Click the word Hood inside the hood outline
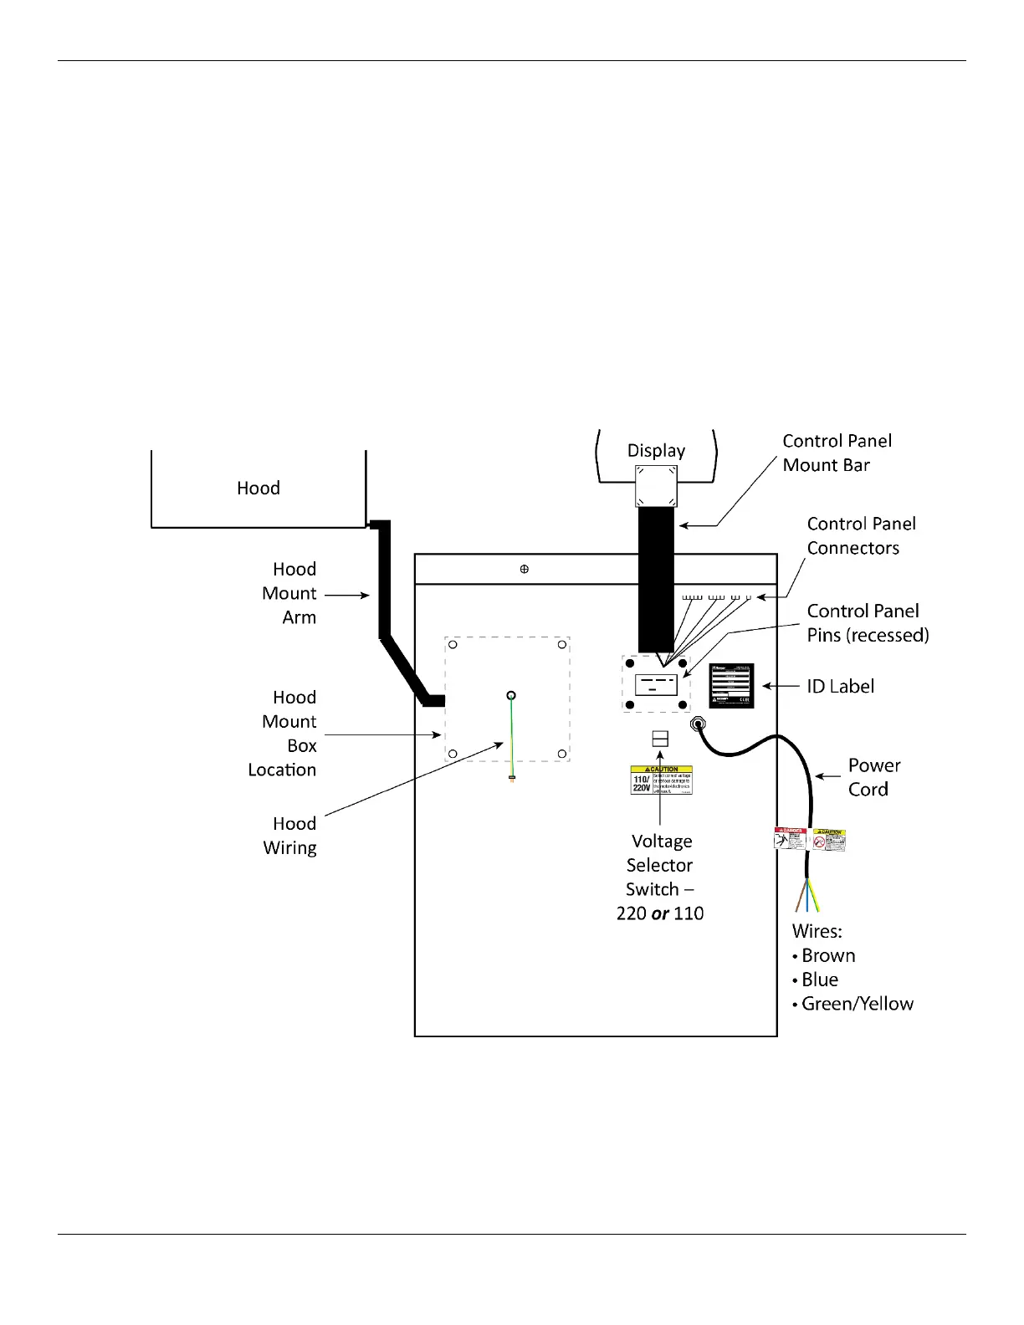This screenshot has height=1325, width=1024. click(x=258, y=488)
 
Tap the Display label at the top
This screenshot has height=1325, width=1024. click(x=656, y=451)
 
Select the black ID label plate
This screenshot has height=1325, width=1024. click(x=731, y=686)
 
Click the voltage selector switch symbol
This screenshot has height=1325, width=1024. click(x=660, y=739)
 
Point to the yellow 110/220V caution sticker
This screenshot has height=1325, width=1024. click(x=661, y=780)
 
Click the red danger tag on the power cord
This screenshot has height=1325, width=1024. click(x=791, y=839)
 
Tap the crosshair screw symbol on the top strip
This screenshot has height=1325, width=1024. click(x=525, y=569)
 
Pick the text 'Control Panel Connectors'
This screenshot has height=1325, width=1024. click(x=861, y=535)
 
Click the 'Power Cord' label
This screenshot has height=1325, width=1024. click(x=873, y=777)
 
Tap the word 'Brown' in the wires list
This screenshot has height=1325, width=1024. click(x=828, y=955)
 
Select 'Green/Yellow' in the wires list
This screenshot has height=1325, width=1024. click(x=857, y=1004)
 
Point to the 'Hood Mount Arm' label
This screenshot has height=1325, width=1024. click(x=289, y=593)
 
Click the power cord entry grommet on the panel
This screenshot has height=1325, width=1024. click(x=698, y=723)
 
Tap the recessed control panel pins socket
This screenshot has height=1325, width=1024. click(x=656, y=684)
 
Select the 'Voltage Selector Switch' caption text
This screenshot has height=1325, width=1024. click(x=660, y=877)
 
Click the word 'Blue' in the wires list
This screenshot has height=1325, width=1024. click(x=820, y=980)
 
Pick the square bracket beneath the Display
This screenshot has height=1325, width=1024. click(x=656, y=486)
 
